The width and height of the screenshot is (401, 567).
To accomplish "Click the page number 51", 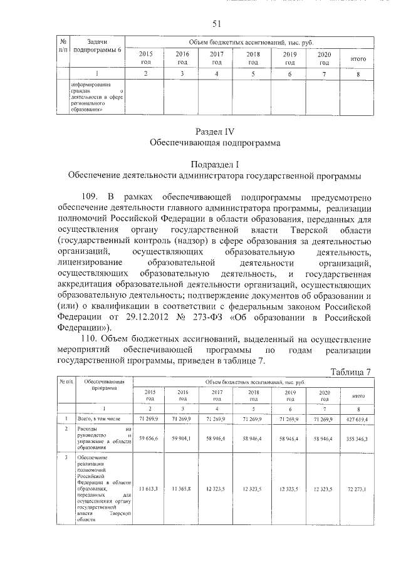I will point(217,24).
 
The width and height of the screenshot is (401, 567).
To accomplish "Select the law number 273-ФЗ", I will point(231,316).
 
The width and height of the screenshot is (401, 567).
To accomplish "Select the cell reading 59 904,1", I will point(182,438).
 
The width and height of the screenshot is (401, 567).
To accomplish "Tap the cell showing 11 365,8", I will point(182,487).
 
